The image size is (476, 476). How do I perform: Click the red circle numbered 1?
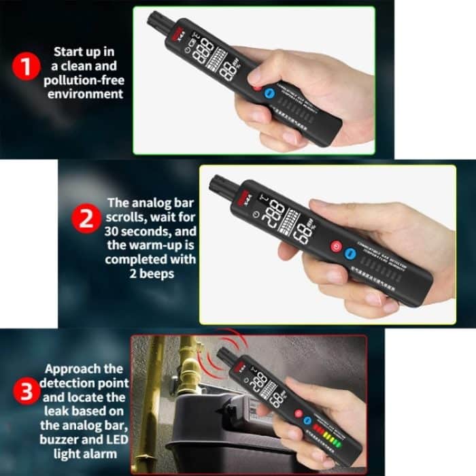point(24,68)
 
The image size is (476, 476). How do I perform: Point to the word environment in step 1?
point(86,93)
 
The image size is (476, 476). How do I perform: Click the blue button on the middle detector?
point(350,252)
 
